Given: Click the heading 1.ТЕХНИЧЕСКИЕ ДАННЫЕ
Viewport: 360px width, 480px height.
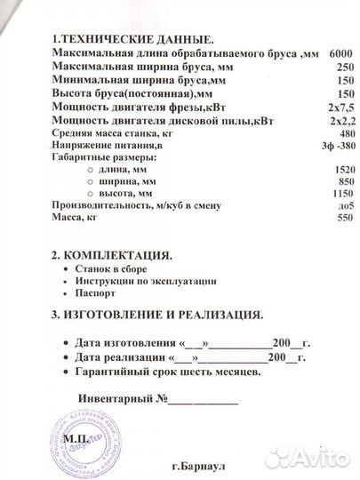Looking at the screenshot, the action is click(x=133, y=40).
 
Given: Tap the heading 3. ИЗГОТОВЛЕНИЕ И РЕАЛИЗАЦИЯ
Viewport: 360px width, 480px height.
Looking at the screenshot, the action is click(x=156, y=315).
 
